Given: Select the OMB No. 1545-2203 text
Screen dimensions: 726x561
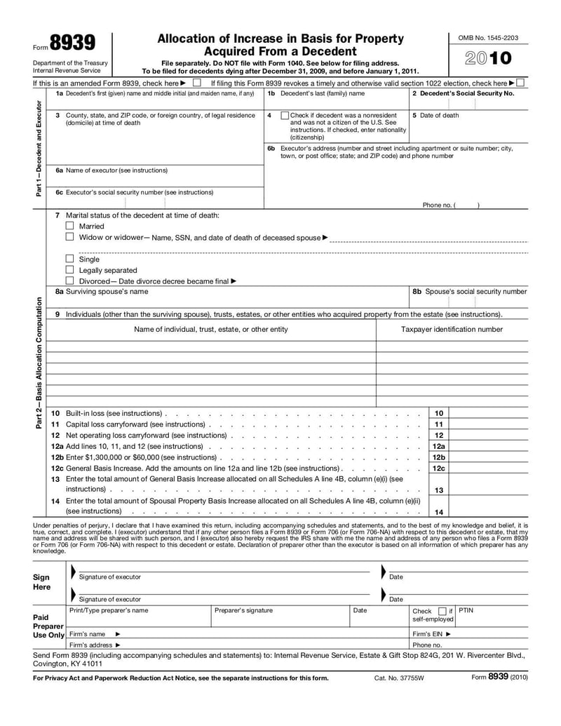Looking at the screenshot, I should click(x=488, y=36).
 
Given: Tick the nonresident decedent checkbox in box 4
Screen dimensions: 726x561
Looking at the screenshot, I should click(x=284, y=115).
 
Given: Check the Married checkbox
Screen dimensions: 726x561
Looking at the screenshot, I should click(x=69, y=226).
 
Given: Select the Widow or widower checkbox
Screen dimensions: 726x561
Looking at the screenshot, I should click(x=69, y=237).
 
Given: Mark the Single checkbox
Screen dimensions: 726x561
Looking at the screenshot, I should click(x=69, y=259).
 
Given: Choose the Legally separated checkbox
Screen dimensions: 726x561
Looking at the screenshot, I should click(x=69, y=269).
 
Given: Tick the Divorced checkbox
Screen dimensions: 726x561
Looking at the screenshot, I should click(x=69, y=281).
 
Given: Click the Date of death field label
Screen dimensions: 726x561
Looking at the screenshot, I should click(x=439, y=115).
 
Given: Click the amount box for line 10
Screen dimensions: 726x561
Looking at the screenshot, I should click(x=489, y=413).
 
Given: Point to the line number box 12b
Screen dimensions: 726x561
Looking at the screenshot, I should click(x=439, y=457).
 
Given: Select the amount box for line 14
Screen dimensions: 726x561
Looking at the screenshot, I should click(x=489, y=511).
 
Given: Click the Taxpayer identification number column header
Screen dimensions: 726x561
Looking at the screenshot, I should click(x=452, y=329).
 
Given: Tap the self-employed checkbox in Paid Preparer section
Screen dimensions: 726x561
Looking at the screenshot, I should click(x=442, y=611).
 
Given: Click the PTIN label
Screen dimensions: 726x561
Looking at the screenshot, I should click(x=466, y=610).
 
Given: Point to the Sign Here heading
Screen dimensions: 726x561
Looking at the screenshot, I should click(x=41, y=582).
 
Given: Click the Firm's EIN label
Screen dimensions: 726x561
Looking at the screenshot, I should click(x=431, y=633).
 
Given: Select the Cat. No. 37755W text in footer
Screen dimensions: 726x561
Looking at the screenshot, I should click(x=400, y=678).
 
